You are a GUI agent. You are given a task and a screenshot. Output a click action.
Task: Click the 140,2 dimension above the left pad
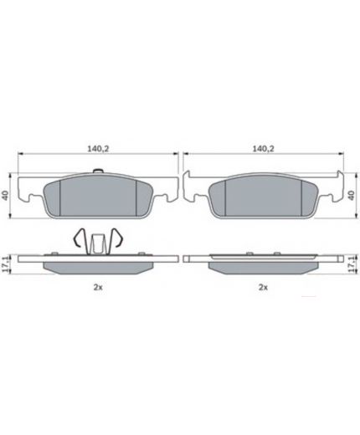coord(98,149)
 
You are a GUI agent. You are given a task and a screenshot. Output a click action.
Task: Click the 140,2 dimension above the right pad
coord(263,149)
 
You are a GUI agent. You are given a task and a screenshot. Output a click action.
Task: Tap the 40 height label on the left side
coord(5,195)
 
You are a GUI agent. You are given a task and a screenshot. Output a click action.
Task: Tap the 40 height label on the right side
coord(352,195)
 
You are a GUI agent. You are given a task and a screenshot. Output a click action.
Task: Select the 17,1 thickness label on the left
coord(5,264)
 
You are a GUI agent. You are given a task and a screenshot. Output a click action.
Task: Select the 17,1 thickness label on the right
coord(352,264)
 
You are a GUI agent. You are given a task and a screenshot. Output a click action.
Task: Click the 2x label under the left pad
coord(98,287)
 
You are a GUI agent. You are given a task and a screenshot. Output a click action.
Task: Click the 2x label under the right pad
coord(263,287)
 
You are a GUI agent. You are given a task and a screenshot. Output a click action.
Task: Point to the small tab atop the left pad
coord(98,171)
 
